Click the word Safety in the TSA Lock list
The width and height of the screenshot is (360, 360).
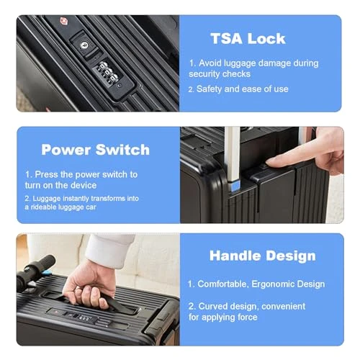coord(212,89)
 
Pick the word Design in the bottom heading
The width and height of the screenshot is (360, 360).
coord(289,256)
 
